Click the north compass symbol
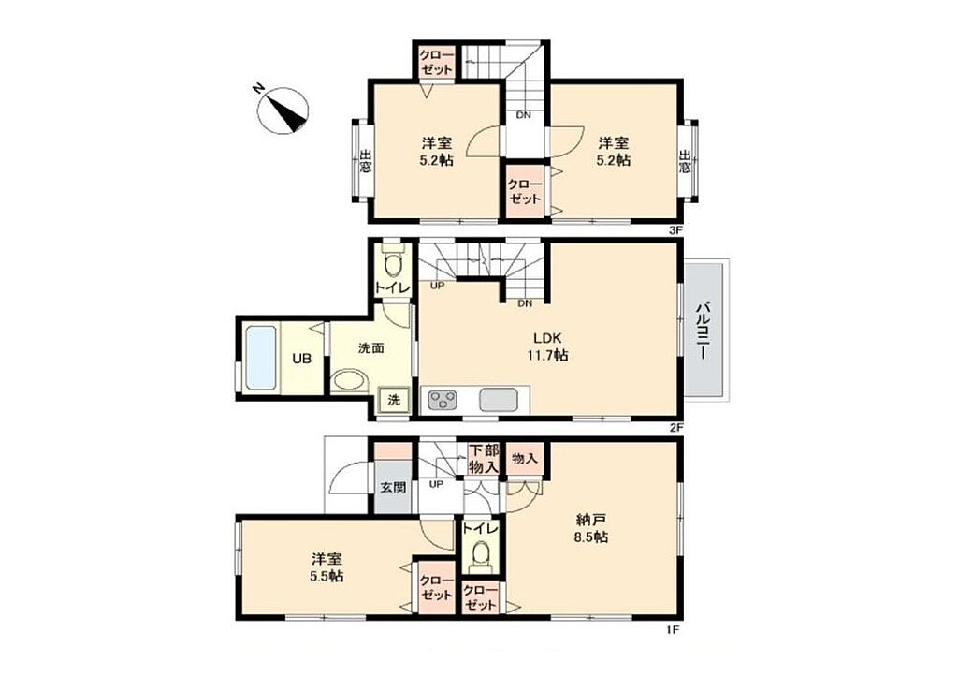(x=283, y=110)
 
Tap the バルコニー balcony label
(x=704, y=330)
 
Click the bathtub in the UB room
(x=260, y=359)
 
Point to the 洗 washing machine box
(x=394, y=401)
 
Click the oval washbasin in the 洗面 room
(x=350, y=380)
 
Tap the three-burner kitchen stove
(x=443, y=400)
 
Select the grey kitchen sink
(x=498, y=400)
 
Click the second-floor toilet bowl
(x=393, y=264)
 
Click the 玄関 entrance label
(x=393, y=488)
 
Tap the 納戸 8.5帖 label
(x=591, y=529)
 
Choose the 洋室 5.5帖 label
(x=327, y=567)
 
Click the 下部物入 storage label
(x=484, y=459)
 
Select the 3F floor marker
(x=675, y=230)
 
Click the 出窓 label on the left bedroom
(x=365, y=161)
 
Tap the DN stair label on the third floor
(x=524, y=114)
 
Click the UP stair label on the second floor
(x=437, y=285)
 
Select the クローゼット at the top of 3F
(x=437, y=63)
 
